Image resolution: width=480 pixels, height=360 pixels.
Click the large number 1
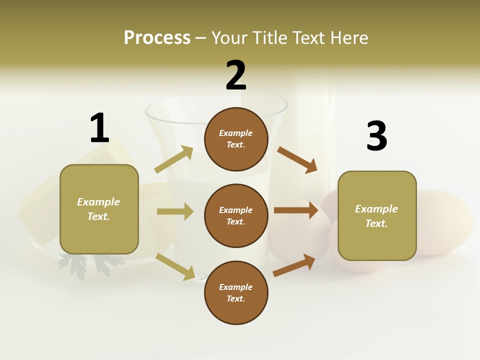99,128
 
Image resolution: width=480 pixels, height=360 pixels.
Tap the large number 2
236,75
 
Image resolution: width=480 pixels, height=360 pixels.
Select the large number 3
376,136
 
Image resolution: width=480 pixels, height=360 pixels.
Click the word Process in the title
157,37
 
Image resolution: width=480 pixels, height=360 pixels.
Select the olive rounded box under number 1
99,209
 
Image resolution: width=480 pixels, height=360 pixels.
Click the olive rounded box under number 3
377,216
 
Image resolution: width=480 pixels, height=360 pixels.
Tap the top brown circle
236,139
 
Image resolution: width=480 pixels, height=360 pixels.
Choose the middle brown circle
236,215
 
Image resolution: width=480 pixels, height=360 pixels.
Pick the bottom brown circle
236,292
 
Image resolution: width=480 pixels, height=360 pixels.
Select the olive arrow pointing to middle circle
175,211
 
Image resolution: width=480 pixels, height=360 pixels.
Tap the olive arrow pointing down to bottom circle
175,266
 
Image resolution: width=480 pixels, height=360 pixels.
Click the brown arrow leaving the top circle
297,160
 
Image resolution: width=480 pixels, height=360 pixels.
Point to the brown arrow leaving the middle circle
296,210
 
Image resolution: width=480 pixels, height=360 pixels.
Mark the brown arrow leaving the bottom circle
294,265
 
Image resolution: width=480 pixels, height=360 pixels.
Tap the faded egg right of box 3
445,220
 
